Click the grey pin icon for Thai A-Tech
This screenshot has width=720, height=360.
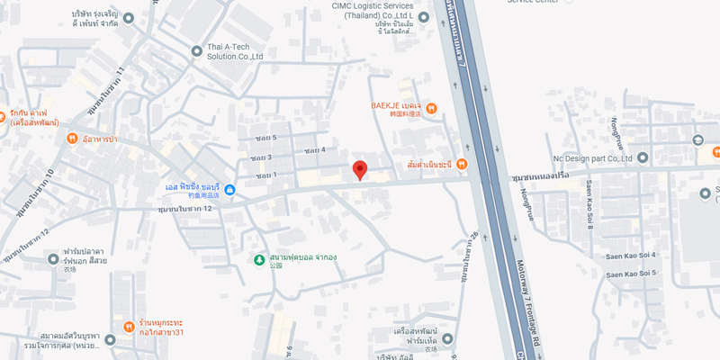pos(197,50)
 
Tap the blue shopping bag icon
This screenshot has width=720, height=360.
pos(230,189)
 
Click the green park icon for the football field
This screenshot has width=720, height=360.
pos(259,260)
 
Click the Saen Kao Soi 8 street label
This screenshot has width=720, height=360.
pos(589,202)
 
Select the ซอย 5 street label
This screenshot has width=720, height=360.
pos(264,138)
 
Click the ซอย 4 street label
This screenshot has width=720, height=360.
pos(314,149)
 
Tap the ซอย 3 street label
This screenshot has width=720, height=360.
pos(262,157)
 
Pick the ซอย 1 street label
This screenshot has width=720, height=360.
pos(264,175)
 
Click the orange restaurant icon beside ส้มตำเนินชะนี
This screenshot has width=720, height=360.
pos(462,164)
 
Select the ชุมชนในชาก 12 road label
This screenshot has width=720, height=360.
pos(184,209)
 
